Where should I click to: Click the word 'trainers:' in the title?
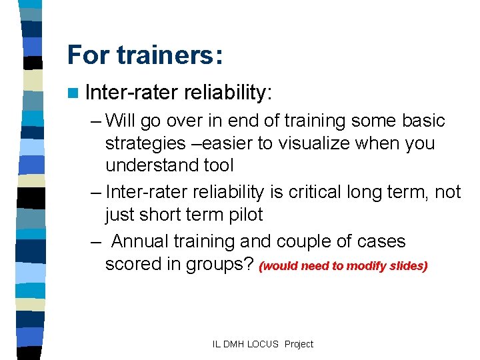click(169, 55)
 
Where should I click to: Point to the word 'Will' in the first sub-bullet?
click(120, 121)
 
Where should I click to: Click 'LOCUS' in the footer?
click(265, 344)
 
